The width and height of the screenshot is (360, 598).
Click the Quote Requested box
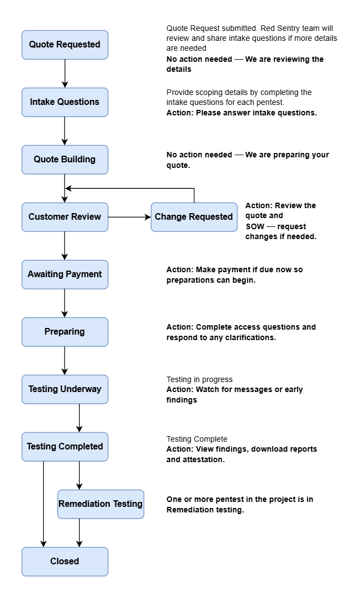65,45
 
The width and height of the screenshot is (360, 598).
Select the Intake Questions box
65,102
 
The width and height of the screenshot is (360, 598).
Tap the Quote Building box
65,160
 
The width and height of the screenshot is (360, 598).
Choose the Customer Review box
65,217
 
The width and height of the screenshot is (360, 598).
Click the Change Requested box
194,217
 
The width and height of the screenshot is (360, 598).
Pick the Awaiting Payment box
65,274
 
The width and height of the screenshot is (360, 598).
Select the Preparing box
65,332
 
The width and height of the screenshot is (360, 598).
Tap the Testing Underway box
65,389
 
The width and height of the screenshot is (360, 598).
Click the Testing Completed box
65,447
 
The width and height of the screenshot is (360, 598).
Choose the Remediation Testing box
100,504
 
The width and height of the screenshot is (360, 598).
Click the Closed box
65,562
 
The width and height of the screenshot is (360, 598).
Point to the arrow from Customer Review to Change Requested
129,217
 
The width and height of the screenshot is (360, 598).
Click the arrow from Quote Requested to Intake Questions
65,73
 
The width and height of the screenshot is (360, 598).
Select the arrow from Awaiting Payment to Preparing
65,303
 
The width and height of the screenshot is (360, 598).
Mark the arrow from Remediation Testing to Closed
80,532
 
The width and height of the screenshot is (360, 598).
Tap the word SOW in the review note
256,226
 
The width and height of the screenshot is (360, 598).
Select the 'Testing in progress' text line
199,379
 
